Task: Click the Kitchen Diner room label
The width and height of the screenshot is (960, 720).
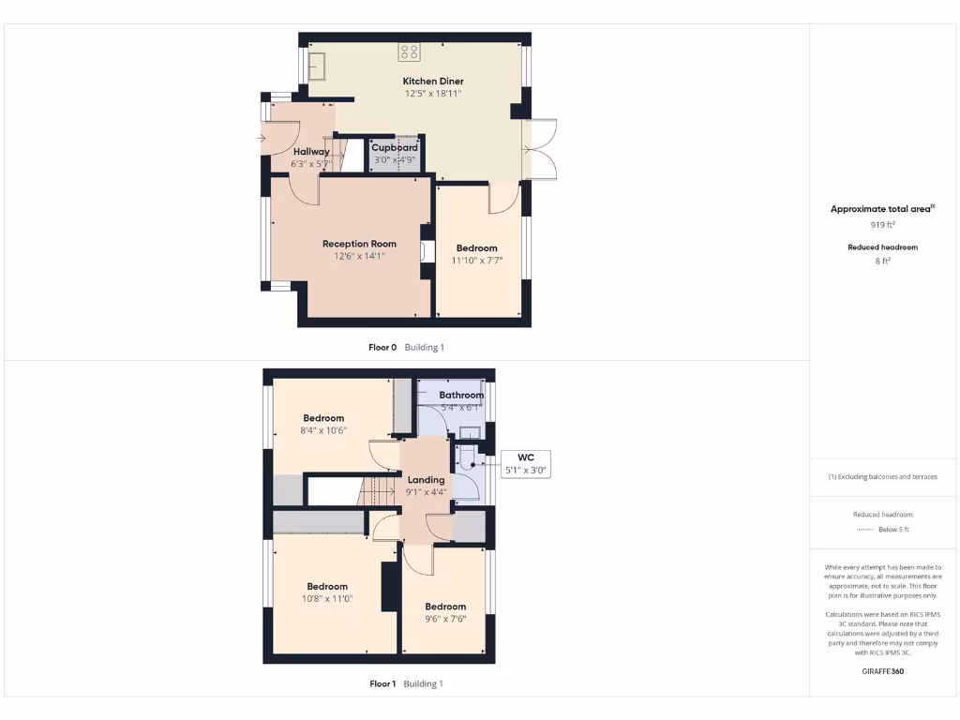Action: pyautogui.click(x=433, y=82)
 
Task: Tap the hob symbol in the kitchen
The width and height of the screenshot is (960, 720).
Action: pyautogui.click(x=410, y=52)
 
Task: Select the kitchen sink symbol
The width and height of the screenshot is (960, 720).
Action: pyautogui.click(x=318, y=65)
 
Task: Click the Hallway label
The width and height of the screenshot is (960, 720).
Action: pyautogui.click(x=311, y=152)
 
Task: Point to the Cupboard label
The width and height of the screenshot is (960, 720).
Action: pyautogui.click(x=395, y=148)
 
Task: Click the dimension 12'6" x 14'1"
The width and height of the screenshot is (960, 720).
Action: pyautogui.click(x=359, y=256)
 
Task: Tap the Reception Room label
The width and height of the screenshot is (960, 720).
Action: pyautogui.click(x=359, y=244)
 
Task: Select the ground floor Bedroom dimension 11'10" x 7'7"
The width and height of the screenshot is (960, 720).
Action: pyautogui.click(x=477, y=261)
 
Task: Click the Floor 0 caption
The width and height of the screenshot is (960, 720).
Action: pyautogui.click(x=382, y=348)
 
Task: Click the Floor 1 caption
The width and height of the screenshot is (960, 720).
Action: pyautogui.click(x=382, y=684)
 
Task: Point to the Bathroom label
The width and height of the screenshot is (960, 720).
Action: pyautogui.click(x=461, y=396)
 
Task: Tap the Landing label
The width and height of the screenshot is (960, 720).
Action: pyautogui.click(x=427, y=480)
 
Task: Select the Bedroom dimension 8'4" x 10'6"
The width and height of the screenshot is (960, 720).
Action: pyautogui.click(x=323, y=430)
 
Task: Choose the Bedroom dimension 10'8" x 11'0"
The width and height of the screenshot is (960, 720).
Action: pyautogui.click(x=327, y=599)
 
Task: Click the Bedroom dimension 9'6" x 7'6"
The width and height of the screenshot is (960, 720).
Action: pyautogui.click(x=444, y=619)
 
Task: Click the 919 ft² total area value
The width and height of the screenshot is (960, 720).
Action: pyautogui.click(x=882, y=225)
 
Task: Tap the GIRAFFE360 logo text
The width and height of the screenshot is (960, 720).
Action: pyautogui.click(x=882, y=671)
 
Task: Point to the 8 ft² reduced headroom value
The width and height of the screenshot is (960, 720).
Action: pyautogui.click(x=882, y=261)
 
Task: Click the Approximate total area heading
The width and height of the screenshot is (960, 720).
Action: pyautogui.click(x=882, y=209)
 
